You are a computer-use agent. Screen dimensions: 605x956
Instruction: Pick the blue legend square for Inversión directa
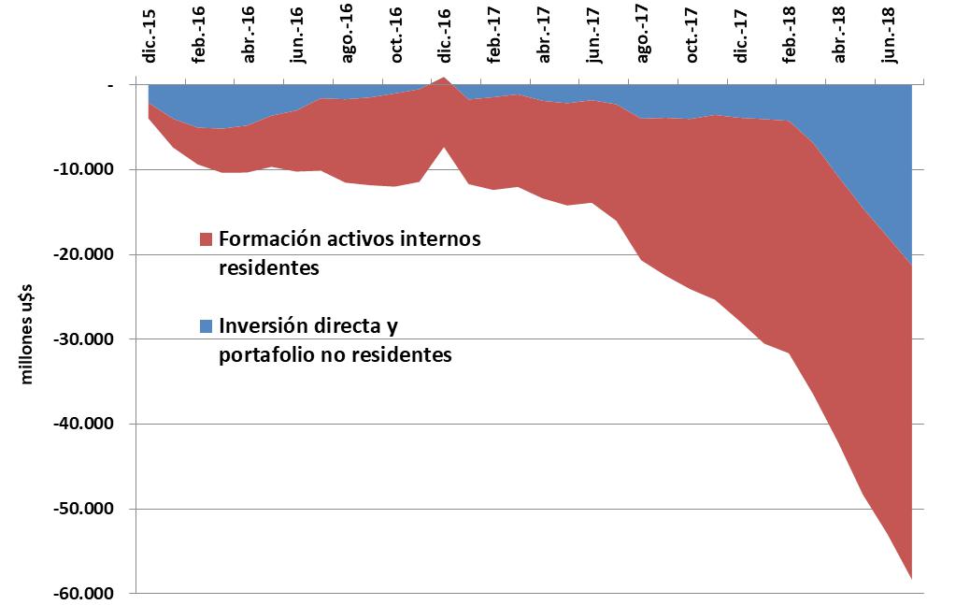click(x=206, y=327)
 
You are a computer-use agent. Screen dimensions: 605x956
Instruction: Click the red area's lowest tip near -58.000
click(x=911, y=578)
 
